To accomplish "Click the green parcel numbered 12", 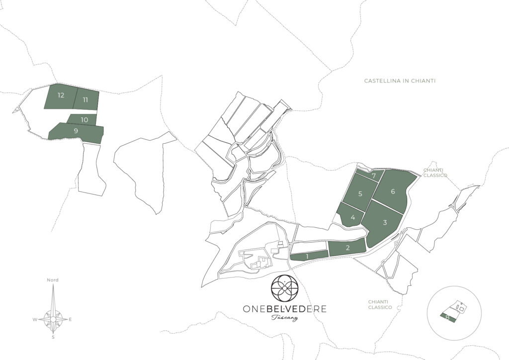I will click(60, 96).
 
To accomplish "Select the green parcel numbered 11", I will click(86, 100).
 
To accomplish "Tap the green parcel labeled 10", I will click(83, 119).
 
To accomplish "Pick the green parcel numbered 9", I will click(77, 132).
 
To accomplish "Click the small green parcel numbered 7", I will click(372, 175).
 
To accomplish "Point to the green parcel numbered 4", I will click(352, 217).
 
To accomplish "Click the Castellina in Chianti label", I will click(399, 81).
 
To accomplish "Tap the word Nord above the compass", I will click(53, 280).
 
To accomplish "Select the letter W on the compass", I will click(35, 319).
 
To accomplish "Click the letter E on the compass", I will click(70, 319).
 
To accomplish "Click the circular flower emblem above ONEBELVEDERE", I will click(284, 286).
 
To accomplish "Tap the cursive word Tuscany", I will click(284, 318).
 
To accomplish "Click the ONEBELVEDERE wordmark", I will click(284, 309).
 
